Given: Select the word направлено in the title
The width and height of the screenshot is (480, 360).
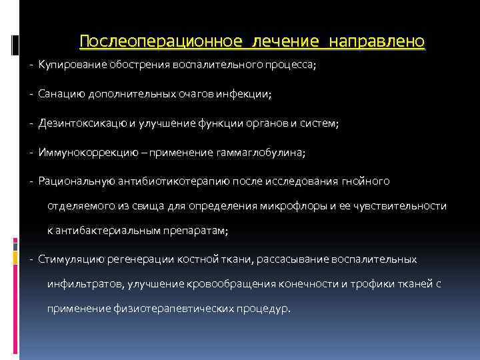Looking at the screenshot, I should pos(376,41).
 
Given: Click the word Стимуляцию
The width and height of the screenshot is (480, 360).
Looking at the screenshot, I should pos(67,259).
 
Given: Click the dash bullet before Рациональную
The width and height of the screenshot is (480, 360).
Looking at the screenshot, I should pos(32,181).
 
